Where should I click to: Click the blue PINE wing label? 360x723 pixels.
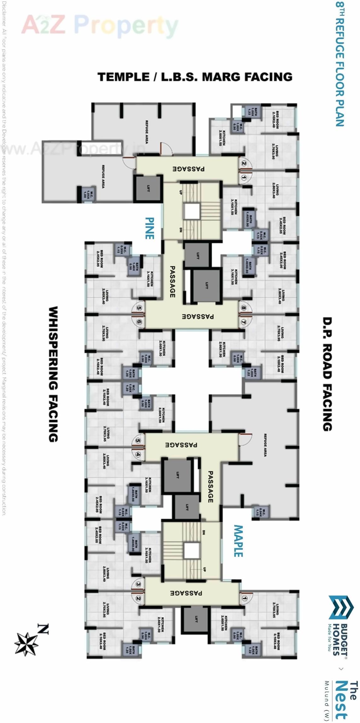[x=150, y=228]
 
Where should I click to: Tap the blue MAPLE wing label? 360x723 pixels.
[x=238, y=541]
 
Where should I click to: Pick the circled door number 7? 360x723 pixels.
[x=243, y=322]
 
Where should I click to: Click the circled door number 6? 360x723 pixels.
[x=139, y=322]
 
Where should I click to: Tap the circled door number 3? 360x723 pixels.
[x=138, y=584]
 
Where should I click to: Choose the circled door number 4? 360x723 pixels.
[x=138, y=454]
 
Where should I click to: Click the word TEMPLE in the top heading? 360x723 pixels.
[x=124, y=77]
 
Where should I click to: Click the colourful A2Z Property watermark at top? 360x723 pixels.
[x=100, y=25]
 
